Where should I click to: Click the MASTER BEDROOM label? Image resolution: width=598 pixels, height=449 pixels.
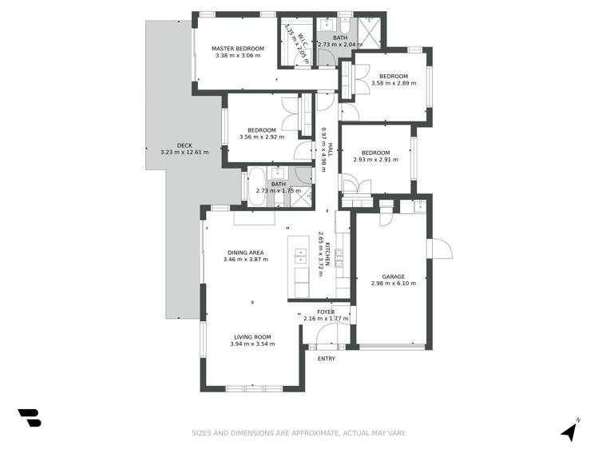click(x=237, y=49)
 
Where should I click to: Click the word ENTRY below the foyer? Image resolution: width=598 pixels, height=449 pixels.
click(x=327, y=359)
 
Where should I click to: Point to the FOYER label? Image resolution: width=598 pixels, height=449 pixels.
click(x=326, y=312)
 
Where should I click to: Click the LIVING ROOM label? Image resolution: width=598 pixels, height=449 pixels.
click(x=252, y=336)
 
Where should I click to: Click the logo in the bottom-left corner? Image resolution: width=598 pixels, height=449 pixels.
click(x=30, y=417)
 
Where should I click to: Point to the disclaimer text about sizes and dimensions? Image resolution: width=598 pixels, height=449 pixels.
click(x=299, y=433)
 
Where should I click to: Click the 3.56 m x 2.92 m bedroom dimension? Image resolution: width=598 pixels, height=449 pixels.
click(x=261, y=137)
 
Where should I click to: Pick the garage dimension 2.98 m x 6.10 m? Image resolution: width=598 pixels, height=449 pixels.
click(x=394, y=283)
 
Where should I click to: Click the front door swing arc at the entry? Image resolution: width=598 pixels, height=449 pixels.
click(x=327, y=340)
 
